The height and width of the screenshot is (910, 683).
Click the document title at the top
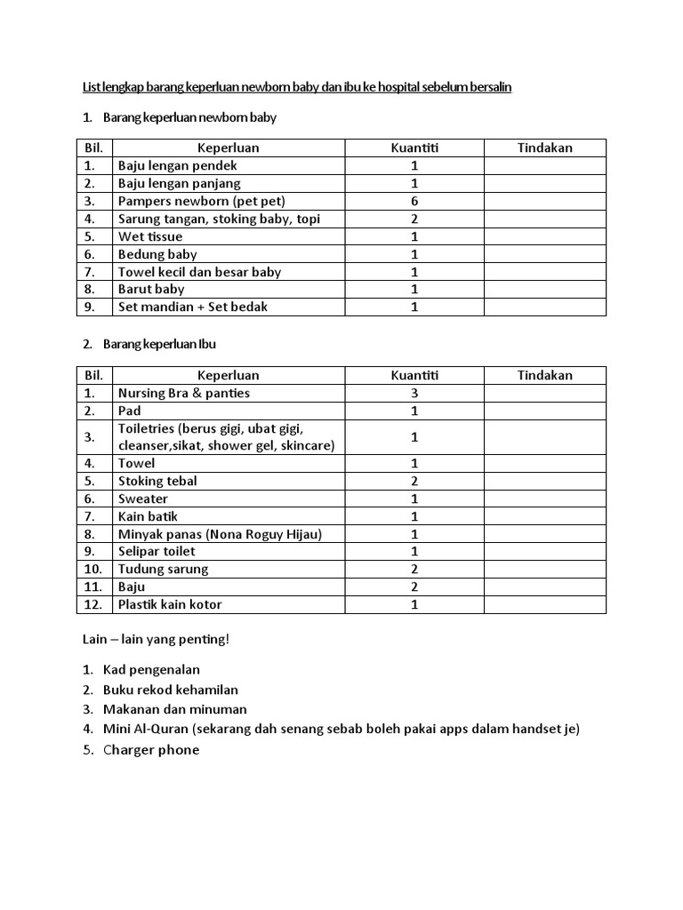[x=297, y=87]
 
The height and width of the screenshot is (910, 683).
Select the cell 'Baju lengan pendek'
[x=178, y=166]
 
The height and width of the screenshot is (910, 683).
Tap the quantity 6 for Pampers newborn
[x=414, y=202]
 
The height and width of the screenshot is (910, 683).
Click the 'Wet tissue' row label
[x=150, y=237]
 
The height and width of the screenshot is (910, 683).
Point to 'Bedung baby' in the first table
[x=157, y=255]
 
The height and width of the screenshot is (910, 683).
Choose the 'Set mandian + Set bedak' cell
[x=193, y=307]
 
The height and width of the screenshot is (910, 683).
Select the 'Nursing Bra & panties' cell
[x=184, y=394]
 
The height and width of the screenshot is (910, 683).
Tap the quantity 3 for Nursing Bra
[x=414, y=394]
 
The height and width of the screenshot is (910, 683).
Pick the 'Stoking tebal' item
[x=157, y=482]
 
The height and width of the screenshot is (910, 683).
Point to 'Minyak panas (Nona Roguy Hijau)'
[x=220, y=534]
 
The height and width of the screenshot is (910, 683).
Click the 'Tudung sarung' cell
[x=163, y=570]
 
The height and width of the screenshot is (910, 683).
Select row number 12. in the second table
[x=93, y=605]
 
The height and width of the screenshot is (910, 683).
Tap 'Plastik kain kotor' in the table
[x=170, y=605]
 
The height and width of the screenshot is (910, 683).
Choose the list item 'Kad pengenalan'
[x=151, y=670]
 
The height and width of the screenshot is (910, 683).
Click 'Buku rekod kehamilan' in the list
[x=170, y=690]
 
